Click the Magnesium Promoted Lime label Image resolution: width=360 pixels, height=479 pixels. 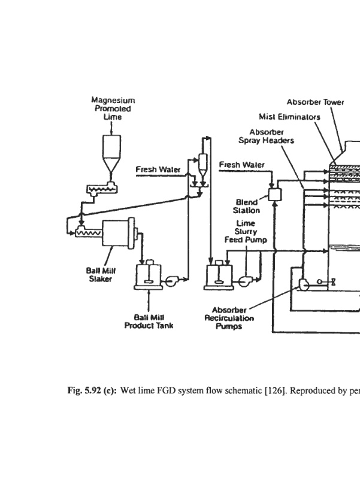113,108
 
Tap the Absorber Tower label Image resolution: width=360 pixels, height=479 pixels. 315,102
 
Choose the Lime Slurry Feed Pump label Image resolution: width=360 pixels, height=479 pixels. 246,231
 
